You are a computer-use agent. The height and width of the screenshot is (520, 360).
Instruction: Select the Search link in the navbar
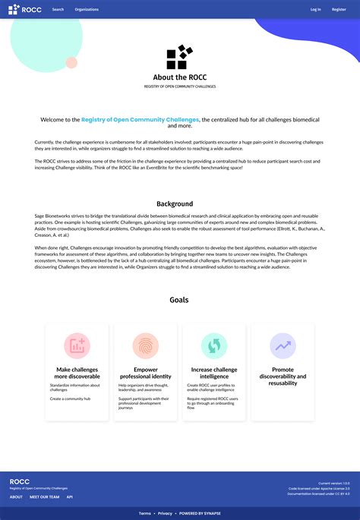click(58, 10)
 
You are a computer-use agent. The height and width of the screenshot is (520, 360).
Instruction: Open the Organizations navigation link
click(87, 10)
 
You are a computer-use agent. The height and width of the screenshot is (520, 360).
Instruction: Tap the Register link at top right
click(339, 10)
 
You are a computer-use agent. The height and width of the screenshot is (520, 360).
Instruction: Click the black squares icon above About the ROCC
click(180, 58)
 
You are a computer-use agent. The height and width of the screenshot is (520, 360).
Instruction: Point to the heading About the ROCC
click(180, 77)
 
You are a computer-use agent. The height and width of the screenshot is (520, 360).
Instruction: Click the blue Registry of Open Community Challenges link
click(141, 120)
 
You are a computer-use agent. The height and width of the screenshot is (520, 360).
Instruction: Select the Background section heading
click(175, 203)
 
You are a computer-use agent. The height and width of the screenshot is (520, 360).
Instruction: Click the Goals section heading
click(179, 300)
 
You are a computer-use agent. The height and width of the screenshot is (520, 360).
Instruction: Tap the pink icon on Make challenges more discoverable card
click(77, 346)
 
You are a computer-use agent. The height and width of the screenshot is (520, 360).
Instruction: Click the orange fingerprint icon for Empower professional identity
click(145, 346)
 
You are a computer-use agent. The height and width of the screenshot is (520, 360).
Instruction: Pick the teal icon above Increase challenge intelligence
click(214, 346)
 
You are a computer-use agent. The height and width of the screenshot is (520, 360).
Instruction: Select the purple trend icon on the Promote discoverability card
click(283, 346)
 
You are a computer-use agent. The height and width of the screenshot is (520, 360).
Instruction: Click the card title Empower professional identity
click(145, 373)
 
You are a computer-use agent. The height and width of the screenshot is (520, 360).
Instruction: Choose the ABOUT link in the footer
click(16, 497)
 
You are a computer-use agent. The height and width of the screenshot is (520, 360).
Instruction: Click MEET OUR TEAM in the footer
click(44, 497)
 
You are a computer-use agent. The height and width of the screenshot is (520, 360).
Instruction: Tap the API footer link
click(69, 497)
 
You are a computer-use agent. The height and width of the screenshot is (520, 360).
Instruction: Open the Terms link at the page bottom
click(144, 513)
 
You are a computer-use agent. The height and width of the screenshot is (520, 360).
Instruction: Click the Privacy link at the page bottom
click(165, 513)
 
